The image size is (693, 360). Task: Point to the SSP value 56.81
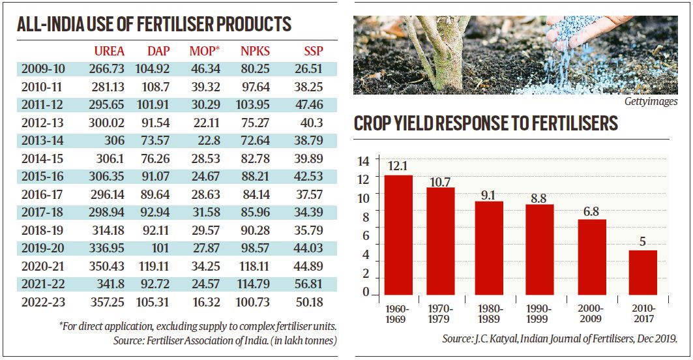[310, 284]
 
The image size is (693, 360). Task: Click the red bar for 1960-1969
[398, 235]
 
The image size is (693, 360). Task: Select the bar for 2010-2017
[643, 273]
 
